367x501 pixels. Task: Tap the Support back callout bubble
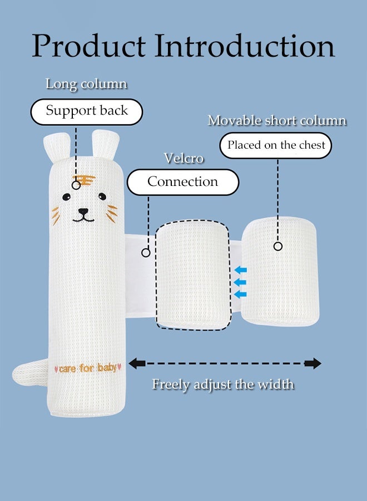pos(86,111)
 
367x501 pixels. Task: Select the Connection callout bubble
pos(182,182)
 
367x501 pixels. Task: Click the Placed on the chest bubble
pos(276,146)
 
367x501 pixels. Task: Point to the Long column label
pos(86,85)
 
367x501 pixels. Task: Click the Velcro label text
pos(183,159)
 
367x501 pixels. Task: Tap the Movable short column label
pos(277,121)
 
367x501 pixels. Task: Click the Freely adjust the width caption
pos(223,384)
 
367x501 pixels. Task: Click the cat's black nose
pos(83,212)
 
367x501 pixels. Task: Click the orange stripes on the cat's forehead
pos(84,180)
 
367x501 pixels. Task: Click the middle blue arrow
pos(240,282)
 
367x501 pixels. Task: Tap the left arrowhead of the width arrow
pos(137,364)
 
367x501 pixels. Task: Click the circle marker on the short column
pos(278,246)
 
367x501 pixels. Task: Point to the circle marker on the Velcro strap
pos(146,252)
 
